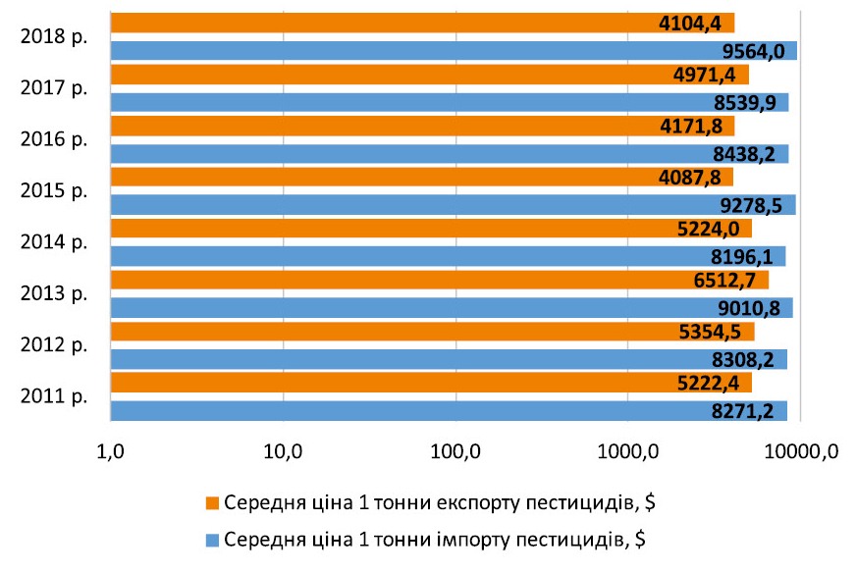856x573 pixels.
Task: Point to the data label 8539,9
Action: click(x=750, y=102)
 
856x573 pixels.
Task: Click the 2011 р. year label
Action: click(x=54, y=396)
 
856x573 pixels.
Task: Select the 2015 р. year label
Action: click(x=54, y=190)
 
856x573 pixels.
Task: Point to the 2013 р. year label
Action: click(x=54, y=293)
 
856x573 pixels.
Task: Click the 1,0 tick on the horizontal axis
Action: click(x=110, y=452)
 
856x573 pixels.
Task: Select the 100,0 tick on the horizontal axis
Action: click(x=455, y=452)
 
